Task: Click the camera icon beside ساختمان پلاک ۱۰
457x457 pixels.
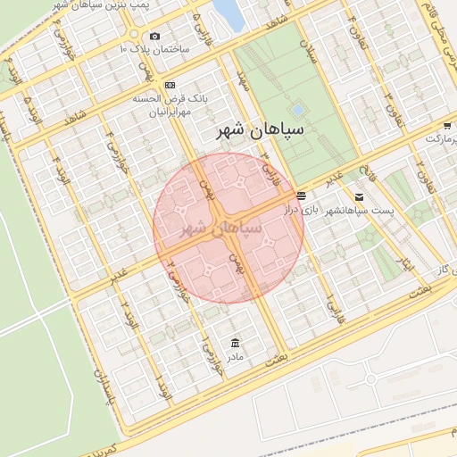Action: [x=155, y=37]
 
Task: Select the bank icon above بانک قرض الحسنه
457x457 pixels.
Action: [x=170, y=84]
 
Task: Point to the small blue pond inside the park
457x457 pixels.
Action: [x=297, y=109]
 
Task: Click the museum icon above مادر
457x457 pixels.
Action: [x=235, y=344]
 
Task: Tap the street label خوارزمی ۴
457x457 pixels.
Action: [x=113, y=148]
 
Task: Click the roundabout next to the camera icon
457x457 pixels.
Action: [x=133, y=37]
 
